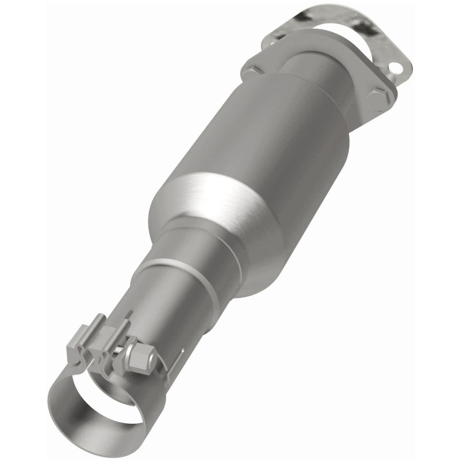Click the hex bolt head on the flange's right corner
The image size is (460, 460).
(377, 99)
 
